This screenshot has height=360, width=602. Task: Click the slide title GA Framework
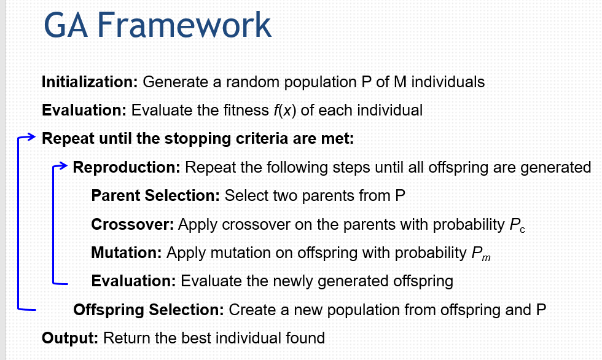click(157, 25)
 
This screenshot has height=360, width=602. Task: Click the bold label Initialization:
click(90, 82)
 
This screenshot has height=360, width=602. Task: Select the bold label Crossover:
click(133, 224)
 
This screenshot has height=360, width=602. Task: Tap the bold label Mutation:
click(127, 252)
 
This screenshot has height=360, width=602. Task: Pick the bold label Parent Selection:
click(155, 195)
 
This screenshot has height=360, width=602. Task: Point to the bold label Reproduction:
click(127, 167)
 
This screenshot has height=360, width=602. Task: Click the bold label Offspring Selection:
click(149, 310)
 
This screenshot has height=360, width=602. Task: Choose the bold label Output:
click(70, 338)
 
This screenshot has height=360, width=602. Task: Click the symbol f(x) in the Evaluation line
click(285, 111)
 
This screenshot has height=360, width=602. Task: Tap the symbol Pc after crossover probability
click(517, 225)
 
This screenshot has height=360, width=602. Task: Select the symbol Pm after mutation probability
click(481, 254)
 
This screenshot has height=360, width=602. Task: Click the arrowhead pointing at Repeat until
click(31, 136)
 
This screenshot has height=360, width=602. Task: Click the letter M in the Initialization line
click(400, 82)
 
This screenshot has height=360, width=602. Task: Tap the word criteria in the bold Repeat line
click(262, 139)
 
